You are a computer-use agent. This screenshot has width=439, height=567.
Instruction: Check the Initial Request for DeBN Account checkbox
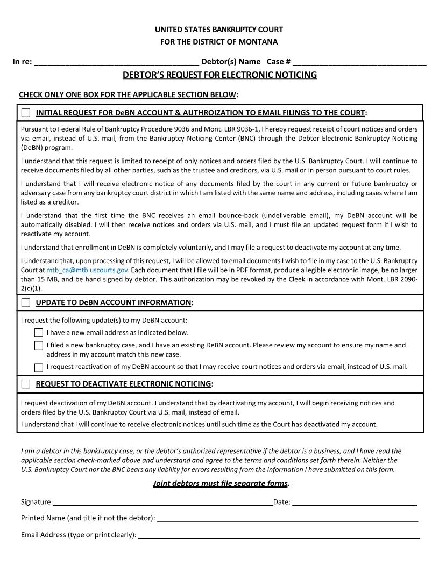click(x=26, y=113)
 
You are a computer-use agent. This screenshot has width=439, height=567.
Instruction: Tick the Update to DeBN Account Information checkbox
click(x=26, y=303)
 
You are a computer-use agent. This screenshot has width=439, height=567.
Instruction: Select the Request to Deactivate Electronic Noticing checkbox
click(x=26, y=384)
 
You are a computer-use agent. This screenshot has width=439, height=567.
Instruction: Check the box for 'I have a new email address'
click(x=39, y=332)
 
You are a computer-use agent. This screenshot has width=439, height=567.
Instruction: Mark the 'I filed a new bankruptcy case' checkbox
click(x=39, y=345)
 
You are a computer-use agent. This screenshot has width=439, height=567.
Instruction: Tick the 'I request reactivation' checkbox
click(x=39, y=367)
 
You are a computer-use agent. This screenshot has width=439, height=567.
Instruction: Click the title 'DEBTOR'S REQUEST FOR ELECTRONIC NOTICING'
click(x=219, y=75)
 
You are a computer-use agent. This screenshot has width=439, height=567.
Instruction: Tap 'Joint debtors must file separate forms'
click(x=221, y=483)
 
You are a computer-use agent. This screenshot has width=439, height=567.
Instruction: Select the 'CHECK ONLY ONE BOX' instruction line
click(x=128, y=95)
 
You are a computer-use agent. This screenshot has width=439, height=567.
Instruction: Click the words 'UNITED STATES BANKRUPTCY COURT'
click(x=219, y=30)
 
